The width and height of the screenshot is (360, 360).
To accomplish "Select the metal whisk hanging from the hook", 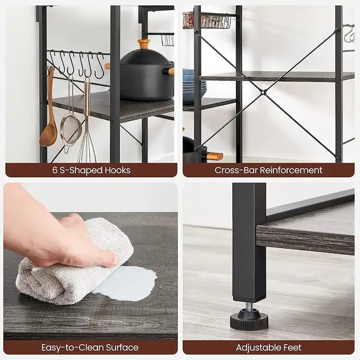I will (87, 144).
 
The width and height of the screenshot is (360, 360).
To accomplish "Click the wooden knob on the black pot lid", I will (144, 45).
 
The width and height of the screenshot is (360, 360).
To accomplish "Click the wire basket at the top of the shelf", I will (210, 21).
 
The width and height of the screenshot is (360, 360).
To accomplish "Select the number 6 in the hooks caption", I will (54, 170).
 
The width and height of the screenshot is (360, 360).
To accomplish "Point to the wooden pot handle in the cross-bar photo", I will (215, 157).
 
